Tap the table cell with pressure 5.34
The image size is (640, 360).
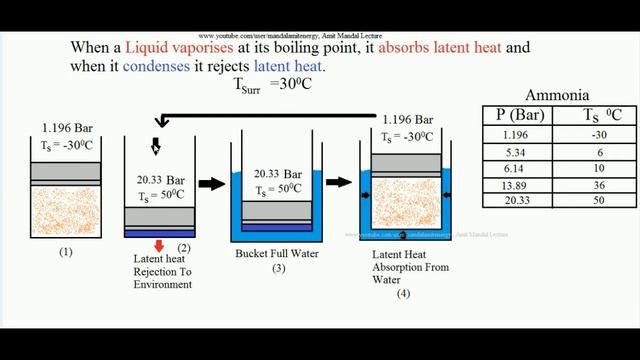(513, 153)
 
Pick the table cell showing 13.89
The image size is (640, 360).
(513, 186)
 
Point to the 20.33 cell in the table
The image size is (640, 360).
(513, 202)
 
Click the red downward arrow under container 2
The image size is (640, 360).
(158, 246)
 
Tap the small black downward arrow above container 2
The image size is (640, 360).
(156, 147)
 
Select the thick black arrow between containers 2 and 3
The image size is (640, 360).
(212, 183)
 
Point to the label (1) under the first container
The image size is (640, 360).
(65, 252)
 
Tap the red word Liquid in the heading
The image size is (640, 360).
(152, 47)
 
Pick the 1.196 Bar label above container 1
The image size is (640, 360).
(65, 127)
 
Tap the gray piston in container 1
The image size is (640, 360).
(65, 172)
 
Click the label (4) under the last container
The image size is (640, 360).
(402, 294)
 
